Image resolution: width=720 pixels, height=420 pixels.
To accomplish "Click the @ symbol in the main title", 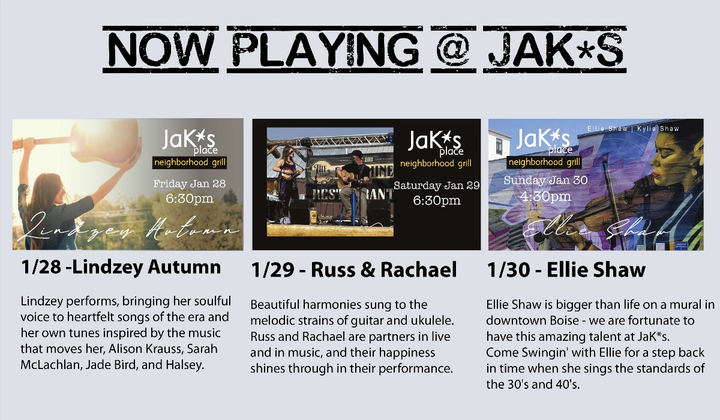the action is click(453, 49).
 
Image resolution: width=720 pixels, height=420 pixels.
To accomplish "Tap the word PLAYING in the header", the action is click(325, 49).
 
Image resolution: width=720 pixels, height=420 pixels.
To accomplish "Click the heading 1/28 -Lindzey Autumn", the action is click(121, 268).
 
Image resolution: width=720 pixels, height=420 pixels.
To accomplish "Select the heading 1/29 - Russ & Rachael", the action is click(353, 269).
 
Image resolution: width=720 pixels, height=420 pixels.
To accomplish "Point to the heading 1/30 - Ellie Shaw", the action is click(566, 269).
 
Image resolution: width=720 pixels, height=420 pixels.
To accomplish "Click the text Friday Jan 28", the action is click(190, 184).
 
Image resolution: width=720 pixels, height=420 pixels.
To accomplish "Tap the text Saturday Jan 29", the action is click(437, 185).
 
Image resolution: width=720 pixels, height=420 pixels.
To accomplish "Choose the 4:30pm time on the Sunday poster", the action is click(545, 196).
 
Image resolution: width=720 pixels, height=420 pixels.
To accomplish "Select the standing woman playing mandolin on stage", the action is click(287, 183).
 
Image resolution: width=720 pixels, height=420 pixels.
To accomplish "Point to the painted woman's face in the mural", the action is click(670, 157).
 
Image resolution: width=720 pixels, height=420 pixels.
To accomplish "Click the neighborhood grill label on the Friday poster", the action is click(190, 163).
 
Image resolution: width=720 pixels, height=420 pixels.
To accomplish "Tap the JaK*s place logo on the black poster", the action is click(434, 143).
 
